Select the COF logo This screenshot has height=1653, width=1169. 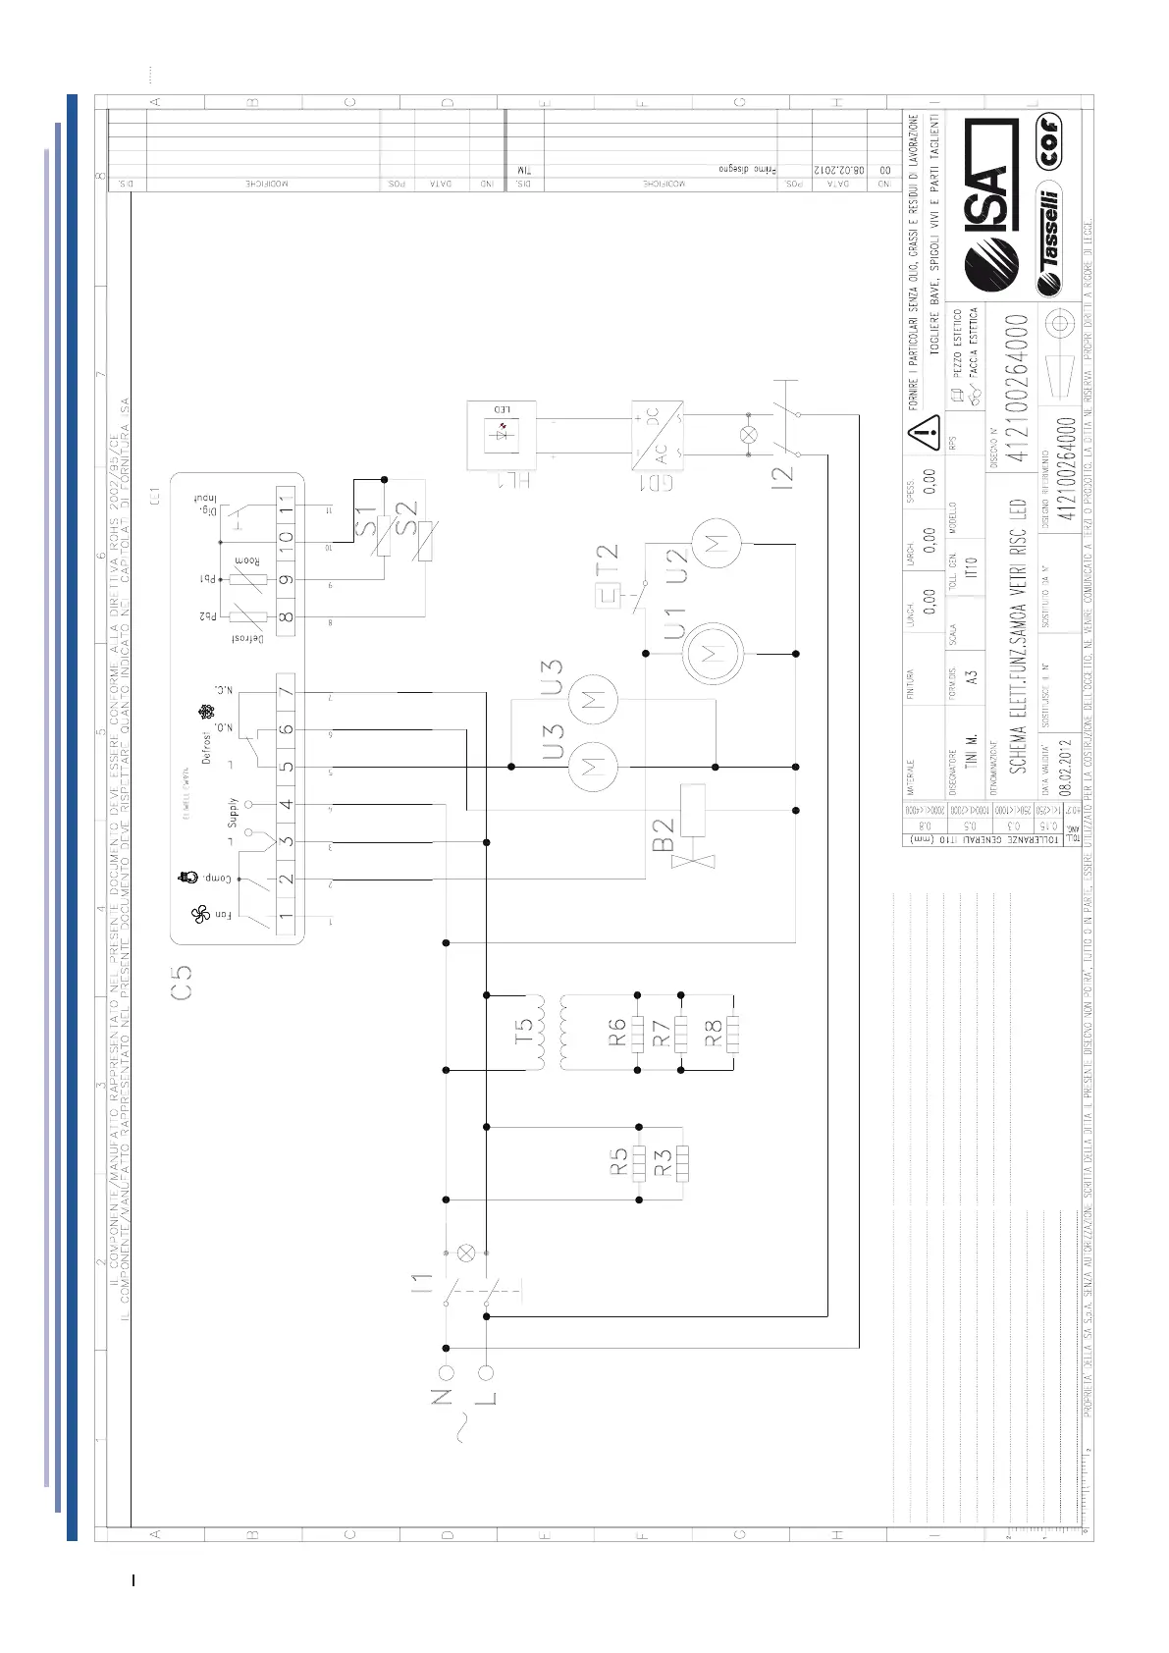(x=1048, y=143)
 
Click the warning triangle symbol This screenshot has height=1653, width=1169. (x=923, y=431)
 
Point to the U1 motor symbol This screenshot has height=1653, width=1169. (x=712, y=653)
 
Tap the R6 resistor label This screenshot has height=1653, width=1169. (x=616, y=1032)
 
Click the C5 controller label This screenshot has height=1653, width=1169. (x=181, y=982)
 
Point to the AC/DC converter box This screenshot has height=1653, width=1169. (x=658, y=433)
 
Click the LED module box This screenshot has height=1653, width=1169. (x=504, y=433)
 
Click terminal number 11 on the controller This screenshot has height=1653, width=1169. (x=286, y=506)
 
